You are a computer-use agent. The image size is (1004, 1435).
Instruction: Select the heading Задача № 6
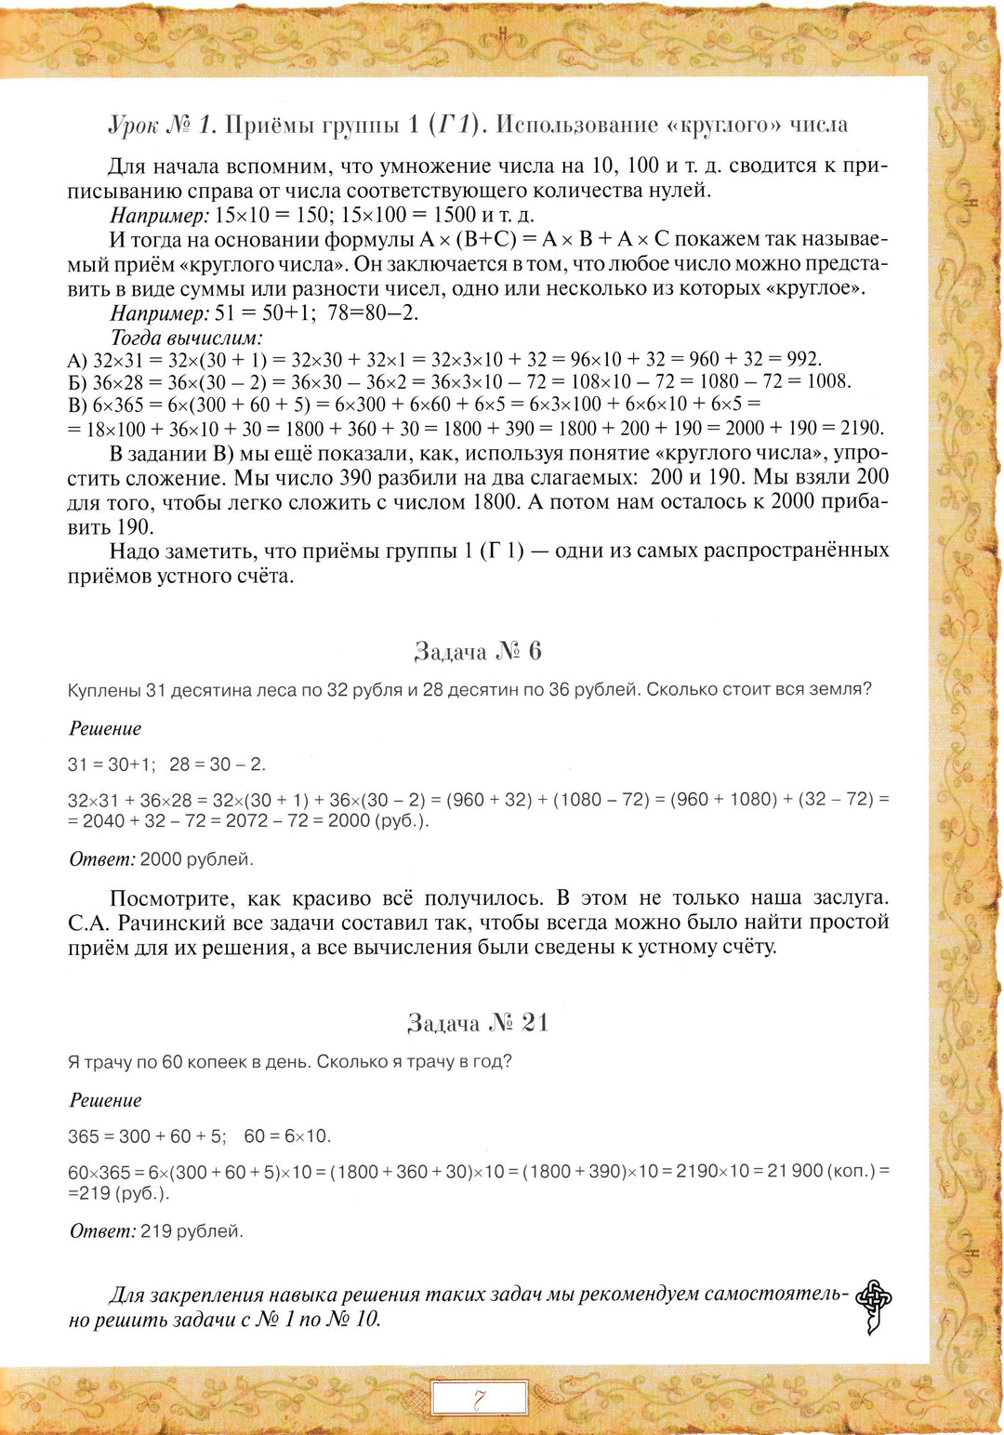[478, 651]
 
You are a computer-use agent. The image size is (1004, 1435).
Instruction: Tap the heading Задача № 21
[478, 1023]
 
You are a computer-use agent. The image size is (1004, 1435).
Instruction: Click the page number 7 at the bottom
[480, 1398]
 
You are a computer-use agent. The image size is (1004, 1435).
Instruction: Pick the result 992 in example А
[803, 359]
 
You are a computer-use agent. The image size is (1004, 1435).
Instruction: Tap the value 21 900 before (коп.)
[795, 1171]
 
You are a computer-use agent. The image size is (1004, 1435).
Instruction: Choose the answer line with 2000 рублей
[161, 859]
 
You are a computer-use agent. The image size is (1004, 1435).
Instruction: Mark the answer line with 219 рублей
[156, 1231]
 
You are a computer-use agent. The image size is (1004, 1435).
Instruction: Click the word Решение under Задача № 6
[105, 728]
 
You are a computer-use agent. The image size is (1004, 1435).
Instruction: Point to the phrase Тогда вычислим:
[186, 337]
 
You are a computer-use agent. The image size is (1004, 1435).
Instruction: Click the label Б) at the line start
[77, 381]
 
